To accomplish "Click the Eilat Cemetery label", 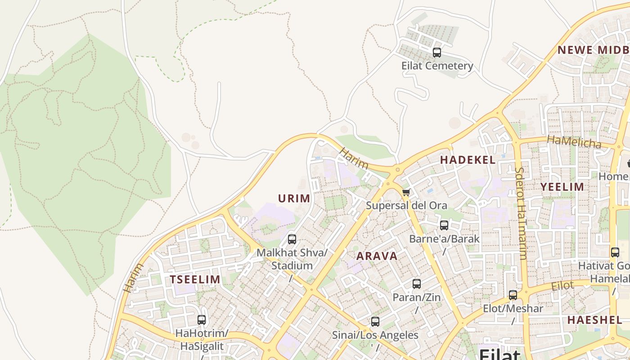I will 437,66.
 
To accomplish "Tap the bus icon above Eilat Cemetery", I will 436,53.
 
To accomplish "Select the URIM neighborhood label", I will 294,198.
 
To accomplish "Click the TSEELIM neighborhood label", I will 195,279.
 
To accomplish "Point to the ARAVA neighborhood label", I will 377,256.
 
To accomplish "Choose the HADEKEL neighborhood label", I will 468,160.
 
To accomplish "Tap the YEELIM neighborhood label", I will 562,187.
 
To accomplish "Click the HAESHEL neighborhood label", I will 594,320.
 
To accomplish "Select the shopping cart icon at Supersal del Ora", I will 406,193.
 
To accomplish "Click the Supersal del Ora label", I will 406,206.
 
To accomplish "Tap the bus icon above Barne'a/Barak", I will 444,225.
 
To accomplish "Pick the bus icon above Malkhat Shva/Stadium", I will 292,239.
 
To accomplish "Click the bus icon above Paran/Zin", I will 417,284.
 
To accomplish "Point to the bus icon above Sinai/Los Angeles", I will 375,322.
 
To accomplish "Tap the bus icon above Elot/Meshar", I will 513,295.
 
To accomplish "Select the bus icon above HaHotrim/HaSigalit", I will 202,320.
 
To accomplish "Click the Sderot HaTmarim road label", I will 521,213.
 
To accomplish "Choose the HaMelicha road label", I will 574,142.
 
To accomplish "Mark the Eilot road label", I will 562,286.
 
